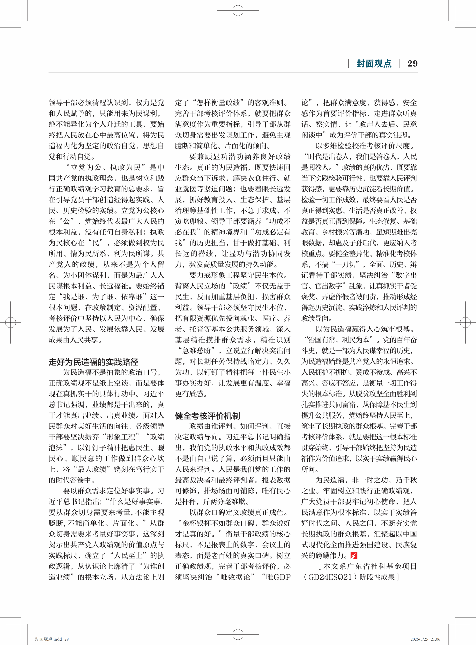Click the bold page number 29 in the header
click(x=412, y=64)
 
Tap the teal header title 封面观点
click(x=374, y=64)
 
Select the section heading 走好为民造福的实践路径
click(x=93, y=362)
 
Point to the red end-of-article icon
click(x=354, y=555)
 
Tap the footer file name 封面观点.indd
click(x=48, y=639)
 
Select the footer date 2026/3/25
click(x=419, y=639)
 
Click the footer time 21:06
click(x=435, y=639)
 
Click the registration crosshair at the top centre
click(x=238, y=10)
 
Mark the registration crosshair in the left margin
click(x=11, y=322)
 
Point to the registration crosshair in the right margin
click(x=465, y=322)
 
